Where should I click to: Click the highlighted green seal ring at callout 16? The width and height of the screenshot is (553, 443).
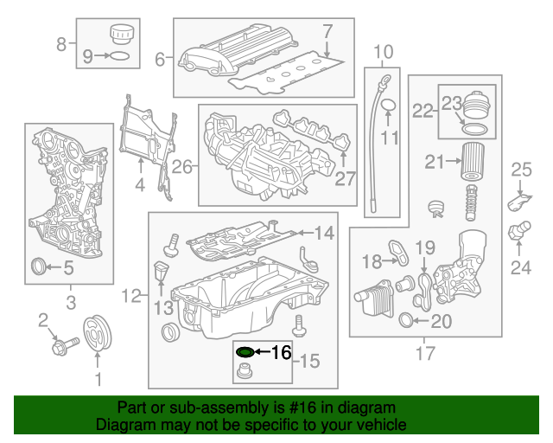pos(245,352)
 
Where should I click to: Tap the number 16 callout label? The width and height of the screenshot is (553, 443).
pos(282,352)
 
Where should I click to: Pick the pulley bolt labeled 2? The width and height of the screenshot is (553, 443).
pos(64,346)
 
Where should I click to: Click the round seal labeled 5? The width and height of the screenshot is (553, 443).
pos(39,267)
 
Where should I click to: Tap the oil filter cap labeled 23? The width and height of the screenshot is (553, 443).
pos(474,107)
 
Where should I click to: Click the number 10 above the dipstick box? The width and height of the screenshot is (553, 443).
pos(383,51)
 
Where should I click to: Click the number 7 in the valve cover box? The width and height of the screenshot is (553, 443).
pos(327,31)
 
